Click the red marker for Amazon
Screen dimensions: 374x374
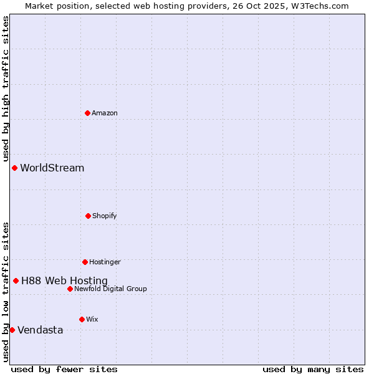click(87, 113)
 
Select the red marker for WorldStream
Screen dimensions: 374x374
click(14, 168)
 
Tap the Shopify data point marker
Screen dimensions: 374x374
click(88, 216)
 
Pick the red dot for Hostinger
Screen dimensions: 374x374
click(85, 262)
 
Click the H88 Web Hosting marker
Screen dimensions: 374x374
click(16, 280)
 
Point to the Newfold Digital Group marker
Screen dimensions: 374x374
click(70, 289)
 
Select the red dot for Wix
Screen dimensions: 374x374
click(82, 319)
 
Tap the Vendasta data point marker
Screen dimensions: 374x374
click(12, 330)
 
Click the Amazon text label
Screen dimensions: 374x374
click(105, 113)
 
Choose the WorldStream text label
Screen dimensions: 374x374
click(52, 168)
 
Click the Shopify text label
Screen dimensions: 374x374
click(105, 216)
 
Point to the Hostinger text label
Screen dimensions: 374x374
click(105, 262)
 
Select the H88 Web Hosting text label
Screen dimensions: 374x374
click(64, 281)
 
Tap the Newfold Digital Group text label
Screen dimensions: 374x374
click(110, 289)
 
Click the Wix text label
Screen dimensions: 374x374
click(92, 319)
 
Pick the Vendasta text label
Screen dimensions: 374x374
click(41, 330)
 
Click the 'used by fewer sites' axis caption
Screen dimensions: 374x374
click(64, 369)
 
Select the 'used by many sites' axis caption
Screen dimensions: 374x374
click(313, 369)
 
